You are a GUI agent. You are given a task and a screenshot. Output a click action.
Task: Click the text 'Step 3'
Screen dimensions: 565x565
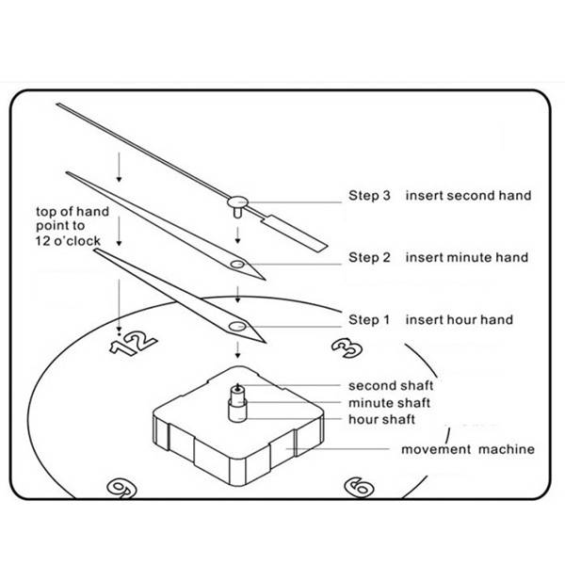(369, 196)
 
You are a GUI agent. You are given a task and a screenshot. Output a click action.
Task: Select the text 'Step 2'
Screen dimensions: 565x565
(369, 258)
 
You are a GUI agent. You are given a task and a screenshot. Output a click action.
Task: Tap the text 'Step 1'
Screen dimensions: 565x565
(369, 319)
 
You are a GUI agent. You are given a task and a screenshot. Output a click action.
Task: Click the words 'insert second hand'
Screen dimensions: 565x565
(468, 196)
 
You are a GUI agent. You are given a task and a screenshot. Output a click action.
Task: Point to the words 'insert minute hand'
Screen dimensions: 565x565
(467, 258)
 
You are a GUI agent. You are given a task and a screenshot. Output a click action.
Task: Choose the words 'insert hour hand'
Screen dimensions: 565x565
(460, 319)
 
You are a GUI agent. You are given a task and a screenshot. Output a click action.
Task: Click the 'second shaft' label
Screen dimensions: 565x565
(391, 386)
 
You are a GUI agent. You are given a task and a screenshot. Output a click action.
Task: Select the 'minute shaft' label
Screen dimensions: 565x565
(390, 403)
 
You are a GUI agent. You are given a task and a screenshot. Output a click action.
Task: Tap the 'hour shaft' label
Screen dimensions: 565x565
(382, 419)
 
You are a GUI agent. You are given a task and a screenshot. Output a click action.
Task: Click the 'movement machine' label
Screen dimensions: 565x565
(468, 449)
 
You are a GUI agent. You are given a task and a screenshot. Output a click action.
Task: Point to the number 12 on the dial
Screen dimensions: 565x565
(133, 344)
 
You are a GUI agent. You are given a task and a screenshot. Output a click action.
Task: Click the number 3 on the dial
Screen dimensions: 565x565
(347, 348)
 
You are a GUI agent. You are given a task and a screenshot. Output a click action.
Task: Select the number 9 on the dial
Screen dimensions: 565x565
(121, 488)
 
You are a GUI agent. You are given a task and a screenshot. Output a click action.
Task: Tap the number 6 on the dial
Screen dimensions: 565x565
(359, 488)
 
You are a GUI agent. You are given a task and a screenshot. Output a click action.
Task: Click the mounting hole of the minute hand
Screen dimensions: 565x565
(237, 265)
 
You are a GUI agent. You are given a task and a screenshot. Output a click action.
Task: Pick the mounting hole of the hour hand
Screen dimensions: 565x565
(237, 327)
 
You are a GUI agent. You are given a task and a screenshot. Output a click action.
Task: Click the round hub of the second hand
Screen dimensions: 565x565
(237, 202)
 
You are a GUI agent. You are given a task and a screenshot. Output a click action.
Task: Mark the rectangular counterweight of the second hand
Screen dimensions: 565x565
(295, 234)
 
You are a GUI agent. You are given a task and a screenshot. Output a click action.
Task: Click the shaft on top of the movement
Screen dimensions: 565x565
(238, 403)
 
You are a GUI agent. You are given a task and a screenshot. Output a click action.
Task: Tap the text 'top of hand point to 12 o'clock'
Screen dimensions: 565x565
(73, 226)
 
